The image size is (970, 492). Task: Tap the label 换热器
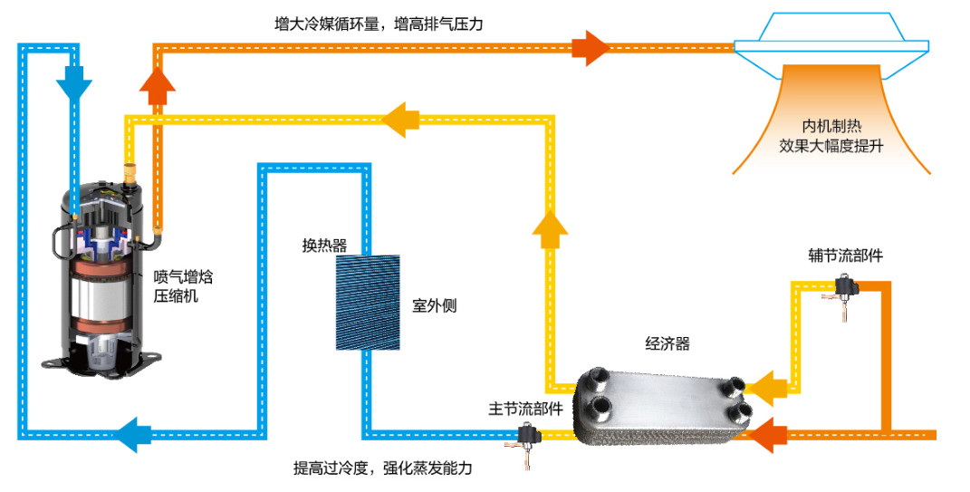click(324, 246)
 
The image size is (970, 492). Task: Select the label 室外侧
click(435, 305)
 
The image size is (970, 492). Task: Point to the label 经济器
click(667, 343)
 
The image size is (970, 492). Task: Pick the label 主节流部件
click(525, 409)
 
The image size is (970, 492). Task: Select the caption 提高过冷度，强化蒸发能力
click(382, 468)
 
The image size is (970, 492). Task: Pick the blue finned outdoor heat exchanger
click(367, 301)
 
